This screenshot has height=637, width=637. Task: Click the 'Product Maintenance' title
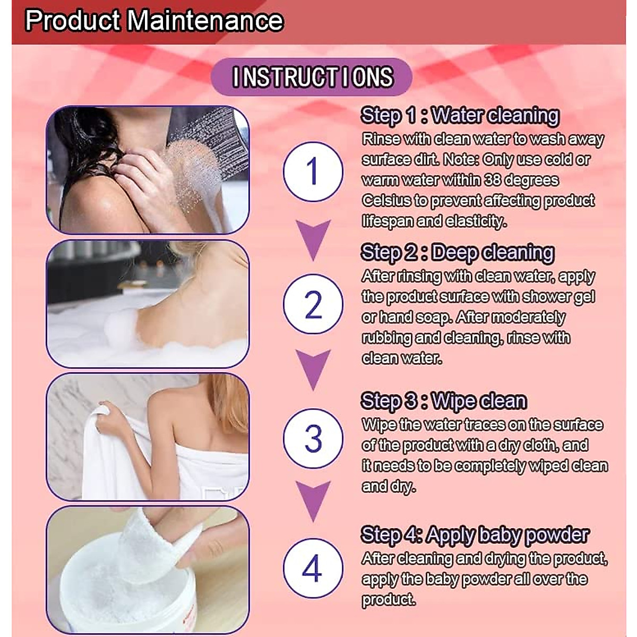pos(154,21)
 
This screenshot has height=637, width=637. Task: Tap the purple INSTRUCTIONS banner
pos(312,77)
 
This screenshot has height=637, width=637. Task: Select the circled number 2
pos(313,304)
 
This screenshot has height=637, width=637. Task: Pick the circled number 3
pos(313,438)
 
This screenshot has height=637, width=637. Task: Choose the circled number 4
pos(313,568)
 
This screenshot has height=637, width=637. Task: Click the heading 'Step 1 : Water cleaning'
pos(460,115)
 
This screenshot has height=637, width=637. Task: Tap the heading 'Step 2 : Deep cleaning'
pos(457,253)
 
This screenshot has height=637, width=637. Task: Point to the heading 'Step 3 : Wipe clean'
pos(443,401)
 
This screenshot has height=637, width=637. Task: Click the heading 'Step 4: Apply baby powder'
pos(475,535)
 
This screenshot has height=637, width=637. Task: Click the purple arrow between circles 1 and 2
pos(313,239)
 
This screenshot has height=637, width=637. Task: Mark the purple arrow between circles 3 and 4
pos(313,501)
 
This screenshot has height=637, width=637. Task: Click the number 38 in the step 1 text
pos(493,180)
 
